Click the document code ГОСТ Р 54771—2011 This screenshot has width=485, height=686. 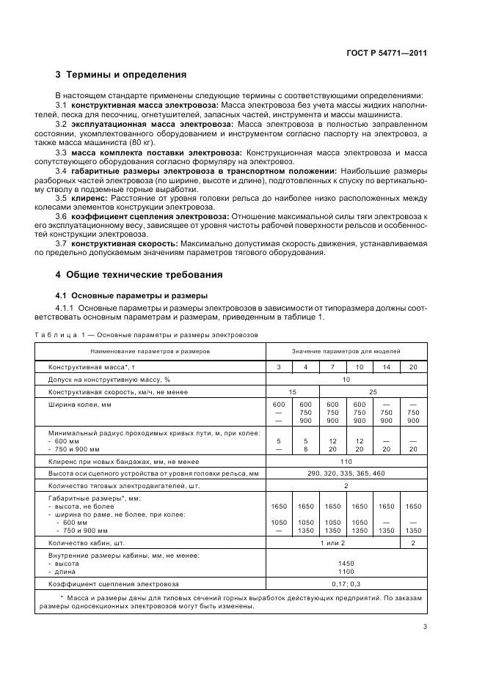387,53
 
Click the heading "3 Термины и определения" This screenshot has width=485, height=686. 121,75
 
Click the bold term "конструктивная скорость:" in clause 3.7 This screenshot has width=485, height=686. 123,243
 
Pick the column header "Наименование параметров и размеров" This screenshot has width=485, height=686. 150,351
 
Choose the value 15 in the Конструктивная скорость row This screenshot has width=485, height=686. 292,392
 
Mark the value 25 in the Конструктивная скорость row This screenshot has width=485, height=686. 373,392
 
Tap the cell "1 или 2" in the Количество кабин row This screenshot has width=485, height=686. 332,543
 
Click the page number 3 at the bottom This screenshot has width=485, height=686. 425,626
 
